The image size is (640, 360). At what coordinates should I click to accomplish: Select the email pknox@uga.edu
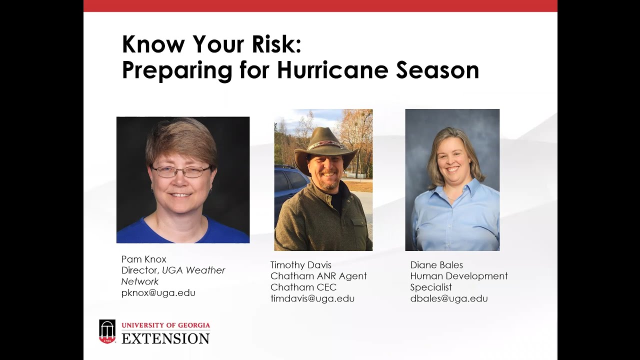tap(158, 293)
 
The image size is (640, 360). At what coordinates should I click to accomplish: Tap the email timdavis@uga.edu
tap(312, 298)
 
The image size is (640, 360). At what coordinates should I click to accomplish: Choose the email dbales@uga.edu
tap(448, 298)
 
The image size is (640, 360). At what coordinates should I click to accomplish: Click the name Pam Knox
tap(143, 259)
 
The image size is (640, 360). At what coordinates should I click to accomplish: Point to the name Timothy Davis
tap(300, 265)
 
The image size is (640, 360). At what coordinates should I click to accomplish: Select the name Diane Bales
tap(436, 265)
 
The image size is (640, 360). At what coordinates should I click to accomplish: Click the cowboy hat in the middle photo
tap(325, 145)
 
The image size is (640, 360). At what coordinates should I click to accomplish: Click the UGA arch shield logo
tap(107, 331)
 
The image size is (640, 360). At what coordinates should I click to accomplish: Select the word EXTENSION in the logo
tap(165, 338)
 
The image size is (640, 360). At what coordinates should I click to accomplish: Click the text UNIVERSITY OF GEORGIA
tap(165, 325)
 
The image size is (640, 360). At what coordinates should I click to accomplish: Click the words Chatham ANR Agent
tap(318, 276)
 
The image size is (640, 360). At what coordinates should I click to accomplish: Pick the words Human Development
tap(458, 276)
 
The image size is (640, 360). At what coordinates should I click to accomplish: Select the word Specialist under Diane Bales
tap(430, 287)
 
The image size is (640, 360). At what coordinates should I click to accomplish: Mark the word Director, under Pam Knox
tap(140, 270)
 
